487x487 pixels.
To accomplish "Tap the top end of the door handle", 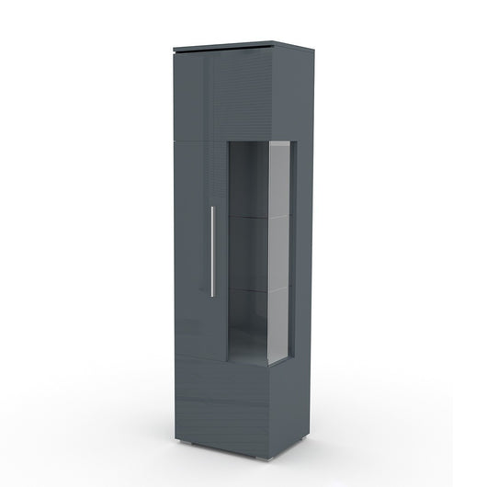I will click(x=212, y=207).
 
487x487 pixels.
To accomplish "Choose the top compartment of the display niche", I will click(x=250, y=184).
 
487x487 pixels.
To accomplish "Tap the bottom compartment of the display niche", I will click(x=250, y=322).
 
